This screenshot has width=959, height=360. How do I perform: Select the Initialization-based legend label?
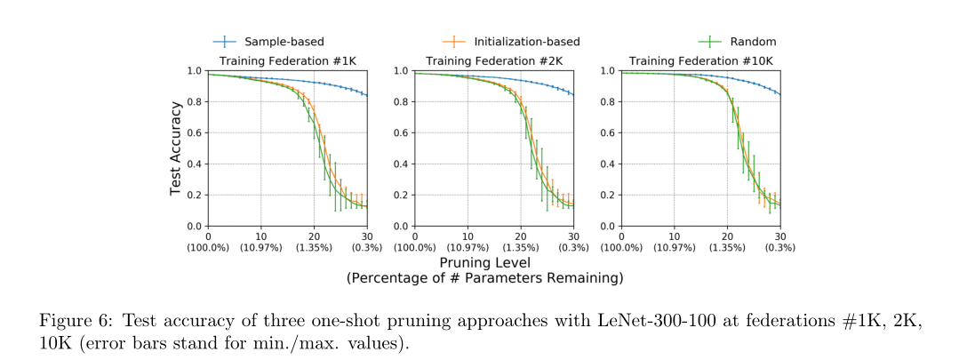(x=526, y=41)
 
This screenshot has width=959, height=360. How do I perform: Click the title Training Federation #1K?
(x=287, y=60)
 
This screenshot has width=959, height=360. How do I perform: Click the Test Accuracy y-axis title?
(x=177, y=148)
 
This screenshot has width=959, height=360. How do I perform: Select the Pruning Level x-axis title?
(x=484, y=263)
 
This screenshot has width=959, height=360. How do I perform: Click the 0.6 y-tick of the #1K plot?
(x=195, y=133)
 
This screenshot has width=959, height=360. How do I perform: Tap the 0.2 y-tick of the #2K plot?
(x=401, y=196)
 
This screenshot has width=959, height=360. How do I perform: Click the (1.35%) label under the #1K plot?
(x=314, y=246)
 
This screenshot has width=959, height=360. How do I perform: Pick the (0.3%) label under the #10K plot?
(x=779, y=246)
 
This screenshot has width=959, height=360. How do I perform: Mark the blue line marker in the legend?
(x=228, y=41)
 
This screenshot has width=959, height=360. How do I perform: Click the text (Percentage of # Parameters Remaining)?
(x=484, y=278)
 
